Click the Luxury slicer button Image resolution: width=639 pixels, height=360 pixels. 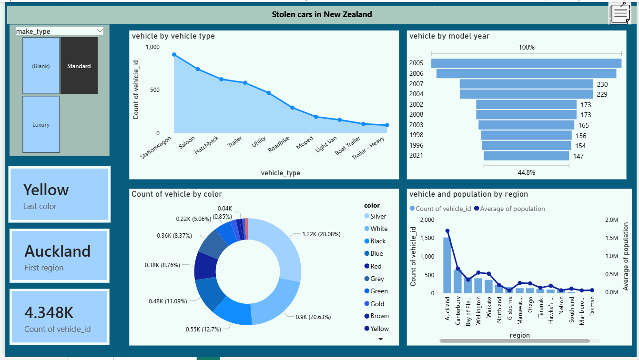coord(41,124)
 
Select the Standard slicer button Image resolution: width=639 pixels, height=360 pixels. coord(79,66)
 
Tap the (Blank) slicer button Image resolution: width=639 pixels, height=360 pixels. coord(41,66)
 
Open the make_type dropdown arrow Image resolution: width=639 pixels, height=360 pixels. coord(100,31)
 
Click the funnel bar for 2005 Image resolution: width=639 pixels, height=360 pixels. coord(526,63)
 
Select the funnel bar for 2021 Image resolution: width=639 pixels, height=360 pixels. coord(526,156)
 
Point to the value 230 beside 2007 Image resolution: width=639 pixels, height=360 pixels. coord(602,84)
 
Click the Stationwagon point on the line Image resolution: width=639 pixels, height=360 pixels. coord(174,55)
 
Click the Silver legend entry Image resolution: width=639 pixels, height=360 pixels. coord(378,216)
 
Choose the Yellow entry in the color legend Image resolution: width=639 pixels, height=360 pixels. coord(379,329)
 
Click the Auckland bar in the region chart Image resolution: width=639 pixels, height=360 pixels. coord(447,265)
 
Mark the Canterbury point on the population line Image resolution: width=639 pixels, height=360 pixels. coord(457,269)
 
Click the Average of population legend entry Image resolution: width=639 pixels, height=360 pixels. coord(512,209)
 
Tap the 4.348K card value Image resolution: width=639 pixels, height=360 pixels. coord(49,313)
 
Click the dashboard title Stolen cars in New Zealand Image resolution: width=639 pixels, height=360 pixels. coord(322,14)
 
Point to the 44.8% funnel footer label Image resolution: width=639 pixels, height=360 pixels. coord(526,172)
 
